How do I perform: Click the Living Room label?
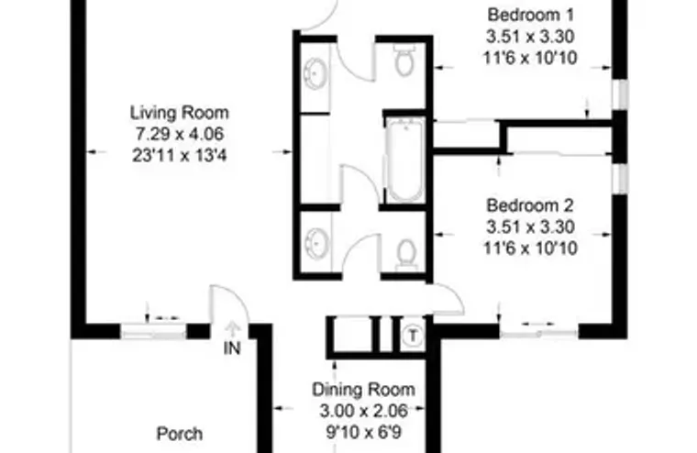(179, 113)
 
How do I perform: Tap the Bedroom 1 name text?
(530, 15)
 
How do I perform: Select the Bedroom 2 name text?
(530, 204)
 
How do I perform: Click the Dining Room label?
(363, 389)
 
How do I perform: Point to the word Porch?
(180, 434)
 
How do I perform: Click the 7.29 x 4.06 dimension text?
(179, 134)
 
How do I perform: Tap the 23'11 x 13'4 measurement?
(179, 155)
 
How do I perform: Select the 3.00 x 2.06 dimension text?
(363, 409)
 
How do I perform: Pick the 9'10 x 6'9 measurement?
(363, 430)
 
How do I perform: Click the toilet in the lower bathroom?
(407, 251)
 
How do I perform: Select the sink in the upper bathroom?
(315, 72)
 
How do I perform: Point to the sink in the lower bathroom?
(315, 244)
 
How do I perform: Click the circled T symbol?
(414, 336)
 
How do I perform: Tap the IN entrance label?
(232, 348)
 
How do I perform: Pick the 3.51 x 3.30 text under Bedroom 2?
(530, 226)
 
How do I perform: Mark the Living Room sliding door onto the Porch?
(151, 327)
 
